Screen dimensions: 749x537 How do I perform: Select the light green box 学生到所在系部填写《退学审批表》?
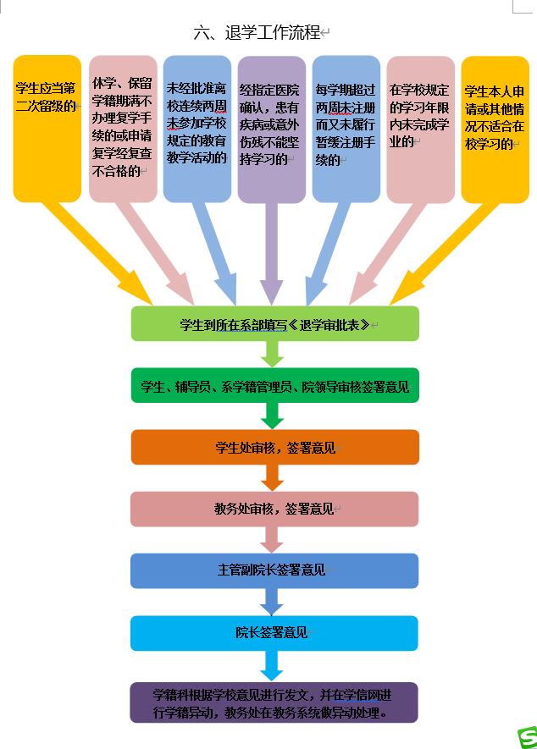click(274, 323)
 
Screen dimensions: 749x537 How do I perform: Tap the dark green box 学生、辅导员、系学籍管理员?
click(274, 386)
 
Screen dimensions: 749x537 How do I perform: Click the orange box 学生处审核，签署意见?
click(274, 447)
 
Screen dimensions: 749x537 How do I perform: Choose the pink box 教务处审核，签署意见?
click(274, 509)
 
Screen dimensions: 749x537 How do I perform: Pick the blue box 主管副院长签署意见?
click(274, 570)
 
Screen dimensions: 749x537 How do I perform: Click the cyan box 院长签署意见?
click(274, 632)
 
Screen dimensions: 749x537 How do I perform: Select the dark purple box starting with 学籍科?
click(274, 702)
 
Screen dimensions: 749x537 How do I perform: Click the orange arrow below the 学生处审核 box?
click(271, 478)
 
